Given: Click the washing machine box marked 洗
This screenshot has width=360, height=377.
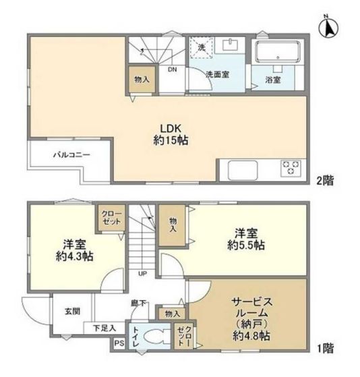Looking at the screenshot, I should (201, 48).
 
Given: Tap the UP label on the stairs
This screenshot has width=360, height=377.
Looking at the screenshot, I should (143, 274).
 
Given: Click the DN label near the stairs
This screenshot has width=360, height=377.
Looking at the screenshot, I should (172, 69).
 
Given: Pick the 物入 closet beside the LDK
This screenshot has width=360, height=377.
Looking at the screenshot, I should (143, 79).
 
